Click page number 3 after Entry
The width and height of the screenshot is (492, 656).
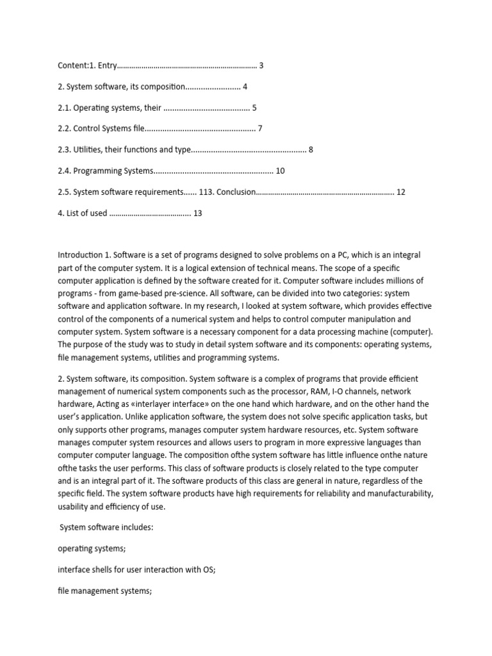tap(261, 65)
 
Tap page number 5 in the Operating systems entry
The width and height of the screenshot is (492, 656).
tap(254, 108)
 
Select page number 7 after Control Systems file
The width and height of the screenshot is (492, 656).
tap(260, 129)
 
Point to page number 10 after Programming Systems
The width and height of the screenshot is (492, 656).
tap(280, 171)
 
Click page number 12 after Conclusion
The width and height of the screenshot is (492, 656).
tap(401, 192)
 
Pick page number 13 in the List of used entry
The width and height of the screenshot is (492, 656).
tap(197, 213)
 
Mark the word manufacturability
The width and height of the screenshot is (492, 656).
tap(395, 494)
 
